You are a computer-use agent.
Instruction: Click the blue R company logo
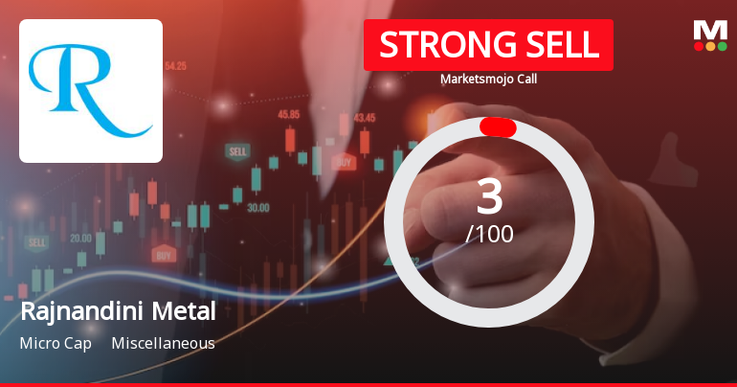tap(91, 91)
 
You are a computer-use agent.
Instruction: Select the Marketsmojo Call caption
tap(488, 79)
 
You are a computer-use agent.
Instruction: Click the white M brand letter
tap(710, 30)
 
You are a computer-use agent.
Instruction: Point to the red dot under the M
tap(699, 46)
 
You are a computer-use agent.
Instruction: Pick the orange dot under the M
tap(710, 46)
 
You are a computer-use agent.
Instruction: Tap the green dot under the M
tap(722, 46)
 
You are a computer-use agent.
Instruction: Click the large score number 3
tap(489, 196)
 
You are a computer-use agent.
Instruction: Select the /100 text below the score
tap(489, 233)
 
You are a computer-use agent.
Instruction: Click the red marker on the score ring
tap(498, 127)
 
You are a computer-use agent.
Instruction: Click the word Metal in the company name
tap(189, 311)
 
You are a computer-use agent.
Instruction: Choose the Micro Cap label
tap(56, 343)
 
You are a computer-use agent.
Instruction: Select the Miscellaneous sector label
tap(163, 343)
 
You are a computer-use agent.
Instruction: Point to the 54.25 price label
tap(175, 66)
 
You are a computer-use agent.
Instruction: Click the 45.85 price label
tap(288, 114)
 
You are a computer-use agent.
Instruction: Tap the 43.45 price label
tap(364, 118)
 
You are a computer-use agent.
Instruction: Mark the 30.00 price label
tap(257, 207)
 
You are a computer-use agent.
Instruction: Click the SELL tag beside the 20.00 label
tap(37, 243)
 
